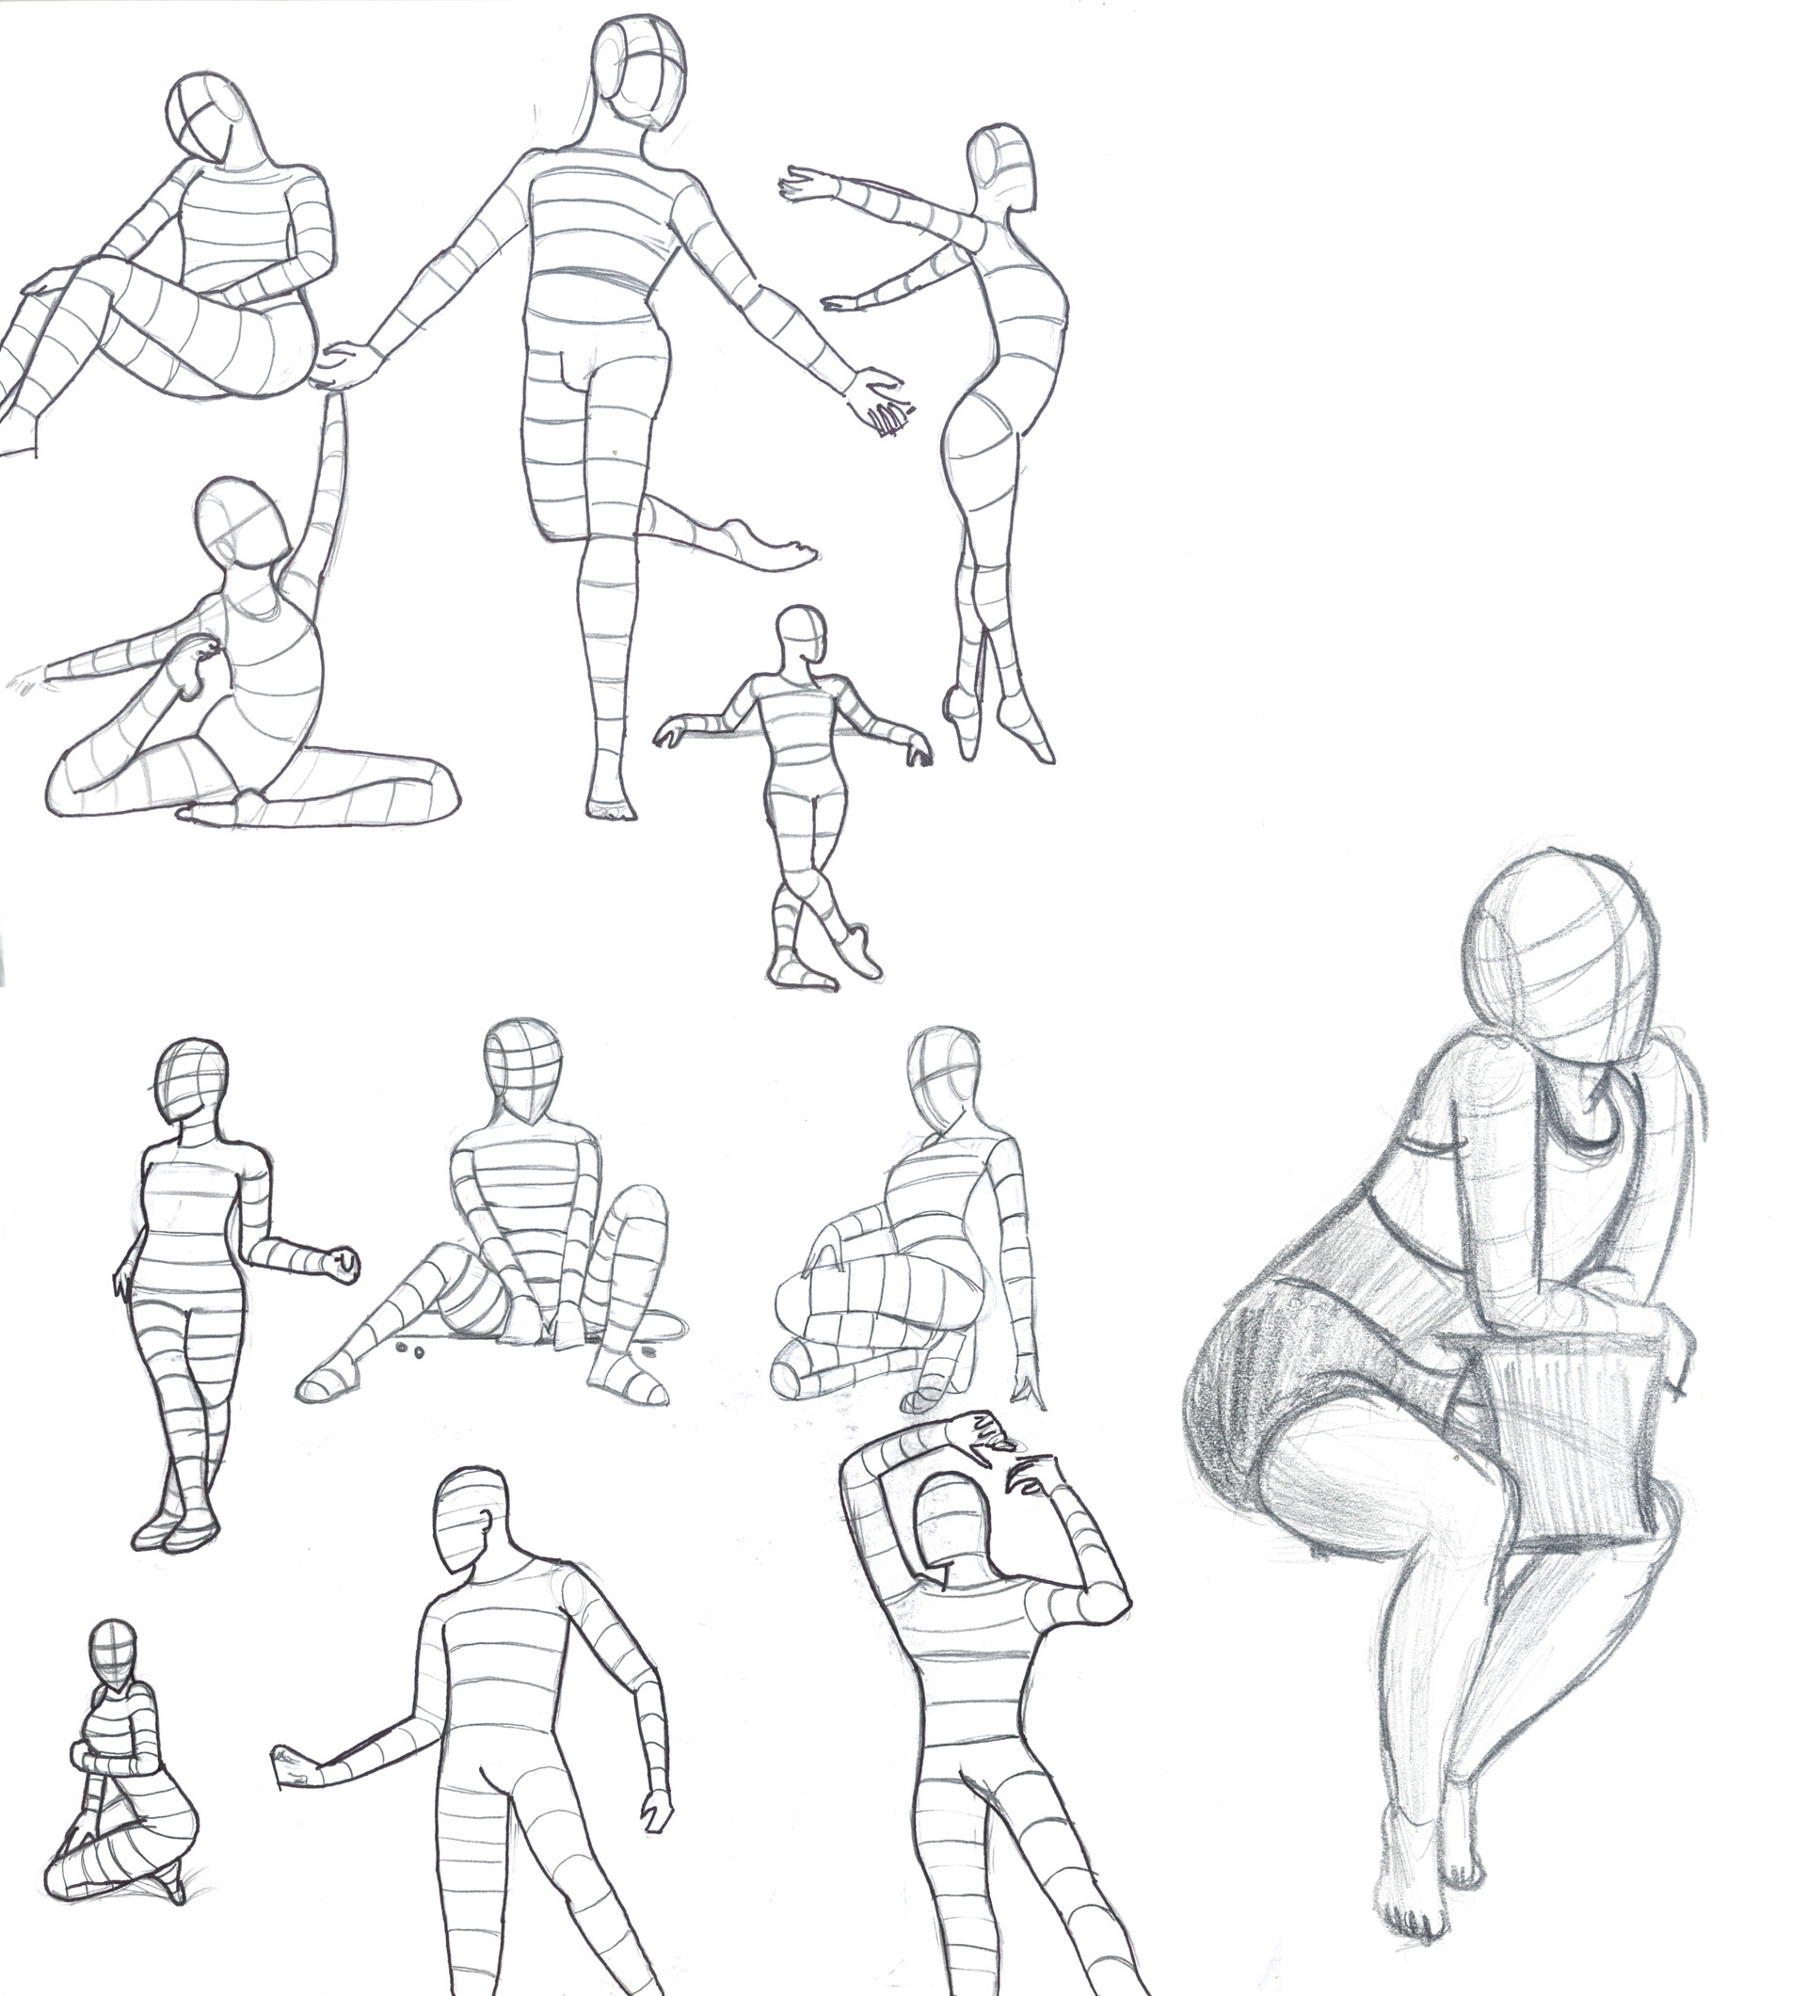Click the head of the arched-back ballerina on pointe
click(1002, 166)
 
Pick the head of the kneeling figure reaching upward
click(243, 523)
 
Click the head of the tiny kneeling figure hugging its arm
click(113, 1649)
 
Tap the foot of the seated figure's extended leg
click(327, 1381)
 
